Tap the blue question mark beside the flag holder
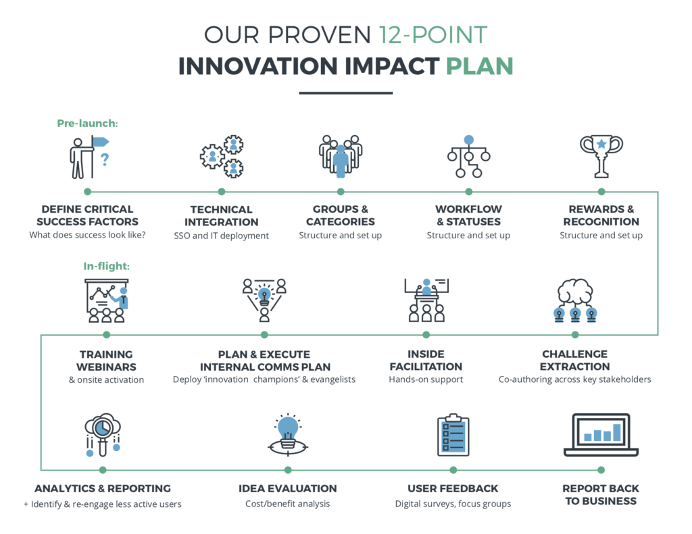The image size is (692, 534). [x=105, y=159]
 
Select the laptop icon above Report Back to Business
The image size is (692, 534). [x=601, y=435]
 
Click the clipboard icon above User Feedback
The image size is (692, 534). [x=453, y=435]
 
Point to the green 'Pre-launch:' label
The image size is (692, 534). [x=87, y=124]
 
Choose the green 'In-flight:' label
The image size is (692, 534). [x=106, y=267]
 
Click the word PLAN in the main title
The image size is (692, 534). [x=479, y=66]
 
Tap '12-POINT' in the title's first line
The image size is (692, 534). [x=433, y=35]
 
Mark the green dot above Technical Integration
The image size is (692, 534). [x=222, y=192]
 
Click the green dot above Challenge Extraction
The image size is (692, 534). [x=575, y=335]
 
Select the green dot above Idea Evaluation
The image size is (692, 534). [x=288, y=470]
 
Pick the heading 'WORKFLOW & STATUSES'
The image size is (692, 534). [x=469, y=215]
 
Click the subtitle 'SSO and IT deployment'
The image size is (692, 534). [x=221, y=236]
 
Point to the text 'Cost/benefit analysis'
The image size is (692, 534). [x=288, y=504]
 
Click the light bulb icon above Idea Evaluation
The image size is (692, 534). [x=288, y=434]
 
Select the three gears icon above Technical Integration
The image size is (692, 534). [x=222, y=157]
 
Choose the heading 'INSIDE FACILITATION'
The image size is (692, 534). [x=426, y=361]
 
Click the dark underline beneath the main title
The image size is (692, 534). [x=345, y=93]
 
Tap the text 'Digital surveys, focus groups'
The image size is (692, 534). [x=453, y=504]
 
